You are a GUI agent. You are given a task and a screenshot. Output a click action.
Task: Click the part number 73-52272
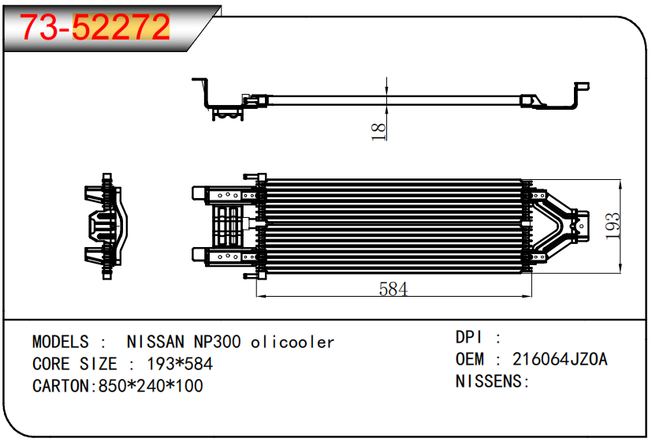click(x=95, y=28)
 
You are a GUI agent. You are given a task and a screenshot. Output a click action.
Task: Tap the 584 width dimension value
click(x=393, y=289)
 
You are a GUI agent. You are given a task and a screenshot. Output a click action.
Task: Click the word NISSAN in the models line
click(x=155, y=343)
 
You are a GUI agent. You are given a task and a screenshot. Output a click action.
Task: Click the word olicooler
click(x=292, y=343)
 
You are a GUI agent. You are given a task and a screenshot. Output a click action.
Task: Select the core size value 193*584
click(x=180, y=365)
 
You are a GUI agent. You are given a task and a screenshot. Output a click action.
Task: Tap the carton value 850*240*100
click(x=149, y=387)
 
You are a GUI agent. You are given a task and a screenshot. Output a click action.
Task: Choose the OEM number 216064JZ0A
click(x=560, y=359)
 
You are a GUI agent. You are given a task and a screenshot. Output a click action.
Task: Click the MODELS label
click(x=61, y=343)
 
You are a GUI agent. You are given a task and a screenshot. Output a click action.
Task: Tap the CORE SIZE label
click(x=75, y=365)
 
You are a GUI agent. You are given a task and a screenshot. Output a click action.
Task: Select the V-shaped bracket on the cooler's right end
click(x=564, y=225)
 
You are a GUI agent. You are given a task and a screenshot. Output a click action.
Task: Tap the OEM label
click(x=470, y=359)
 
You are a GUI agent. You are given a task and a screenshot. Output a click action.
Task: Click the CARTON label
click(x=62, y=387)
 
